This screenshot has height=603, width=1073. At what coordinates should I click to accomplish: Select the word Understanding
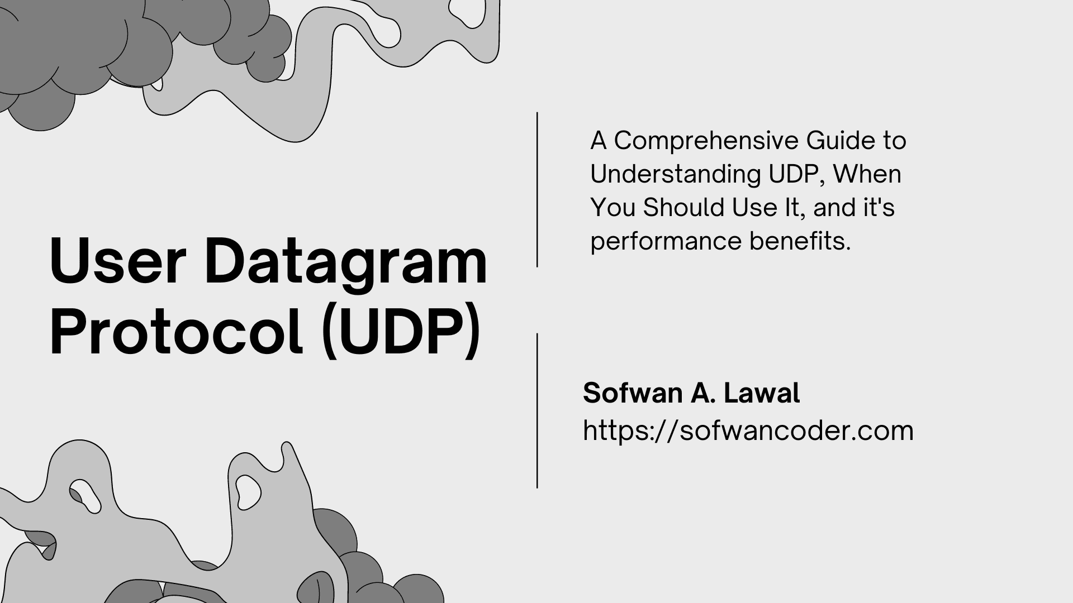[675, 174]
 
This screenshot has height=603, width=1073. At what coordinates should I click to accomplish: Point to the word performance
[666, 242]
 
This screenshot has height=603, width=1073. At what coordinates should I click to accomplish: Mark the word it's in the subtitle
[879, 208]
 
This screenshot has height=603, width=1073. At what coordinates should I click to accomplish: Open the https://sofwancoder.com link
[748, 431]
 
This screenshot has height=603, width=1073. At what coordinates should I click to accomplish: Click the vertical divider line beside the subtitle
[537, 190]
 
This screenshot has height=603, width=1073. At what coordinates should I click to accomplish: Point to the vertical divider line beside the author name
[537, 411]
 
